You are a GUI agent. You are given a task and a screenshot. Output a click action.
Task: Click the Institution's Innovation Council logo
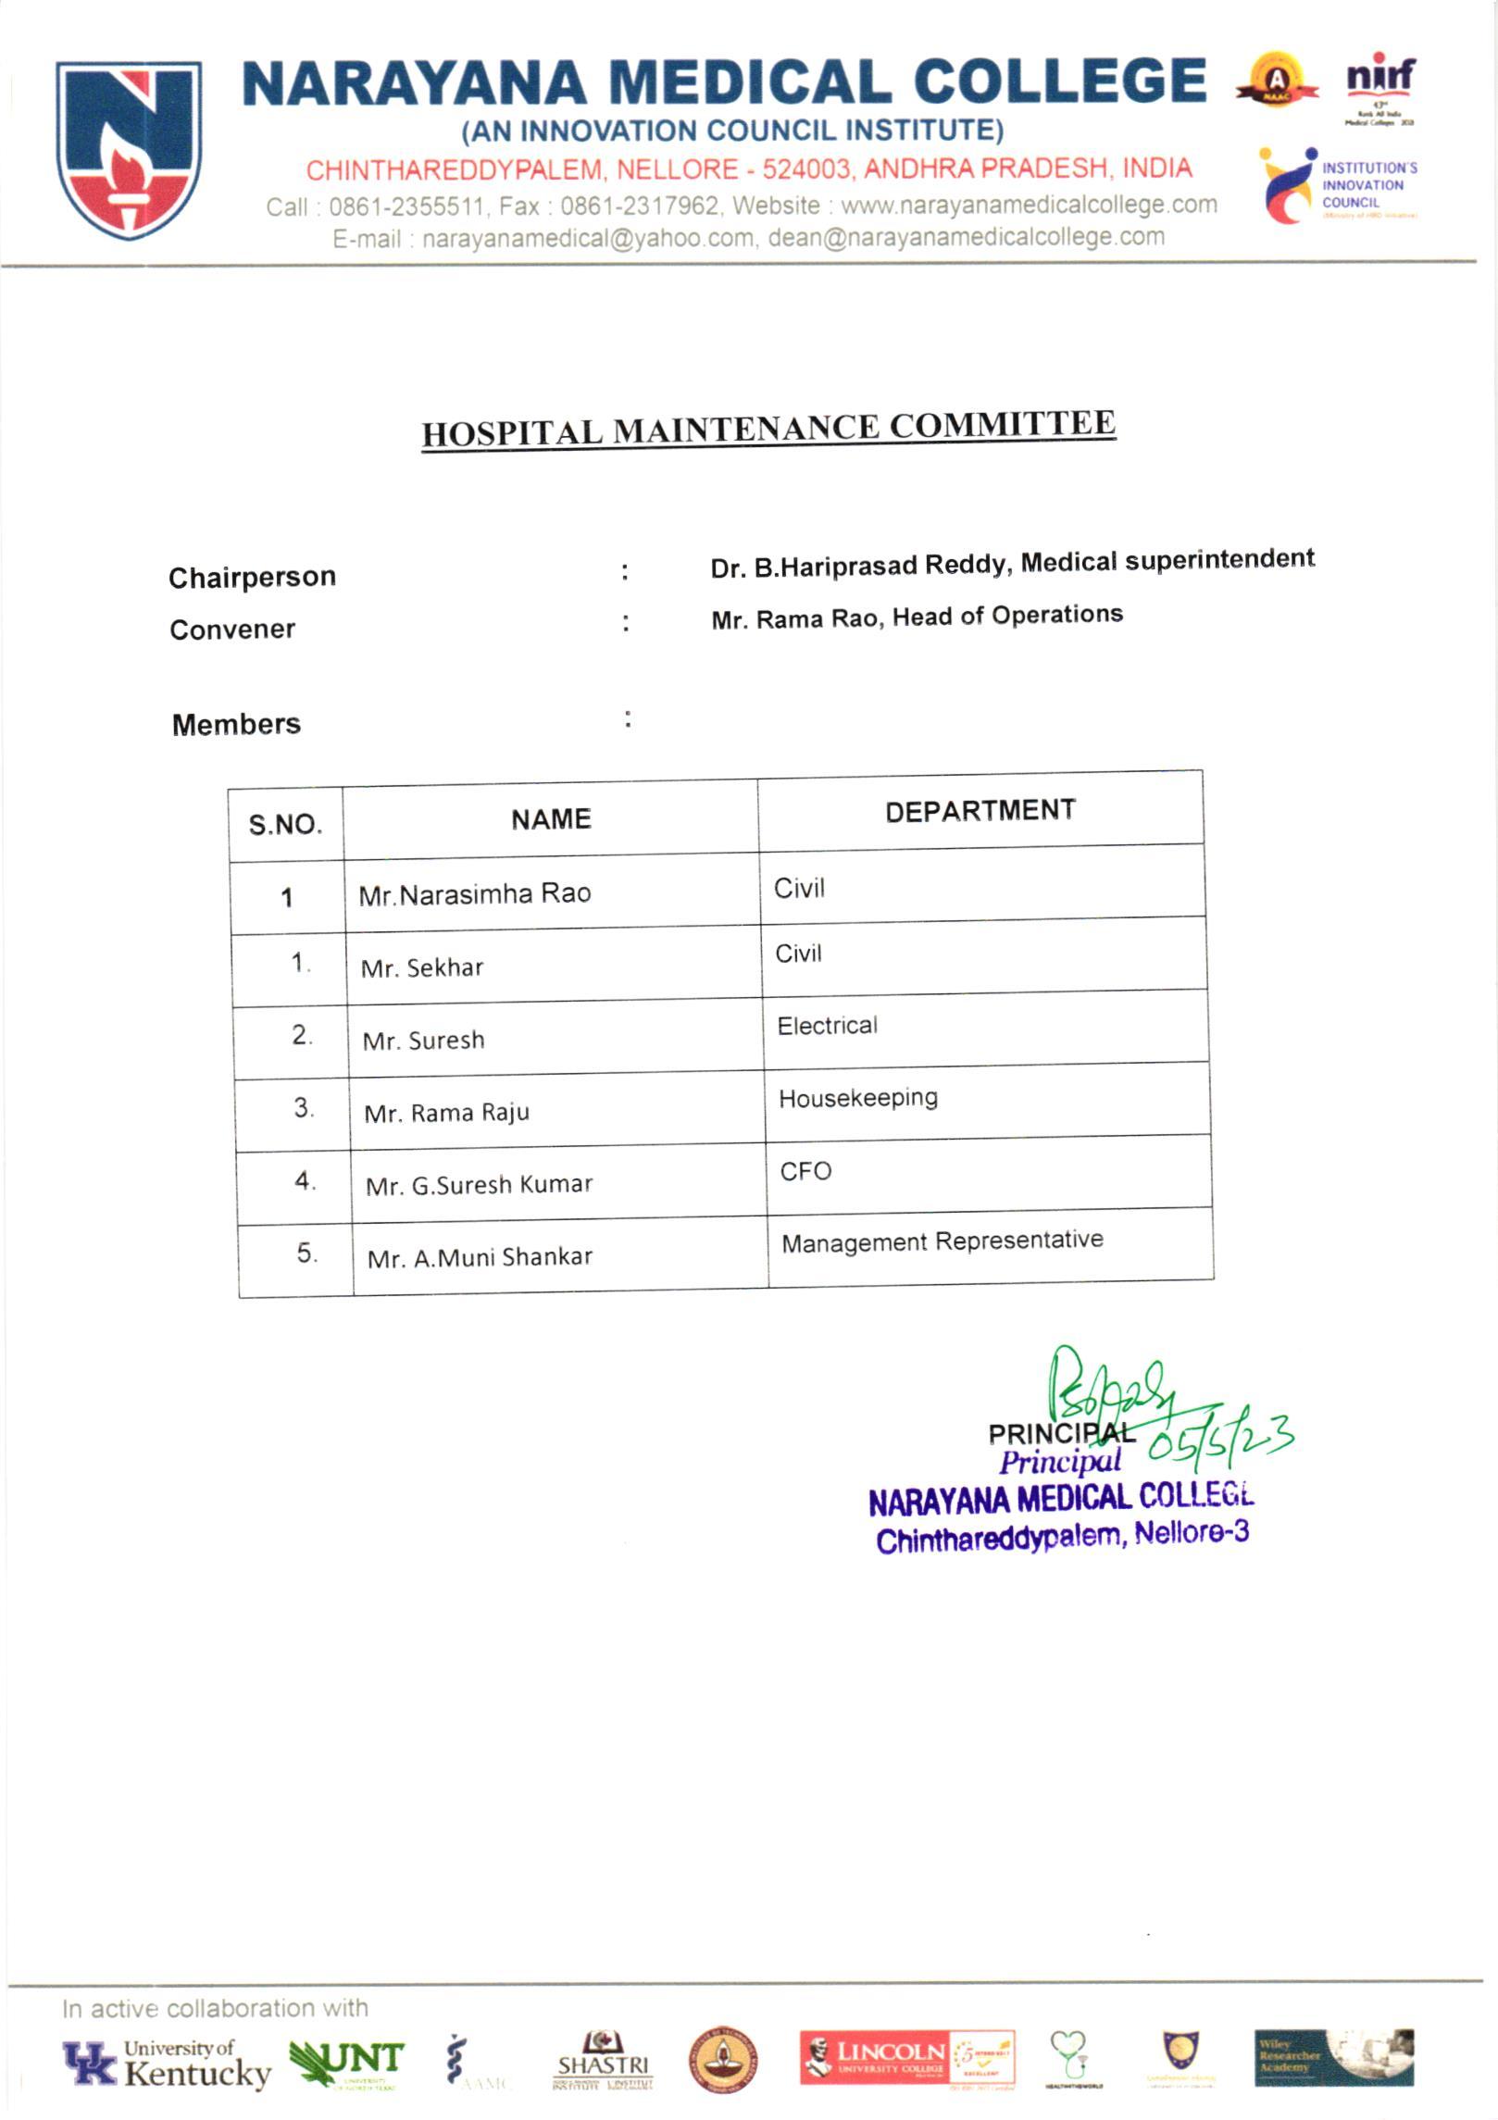click(x=1338, y=185)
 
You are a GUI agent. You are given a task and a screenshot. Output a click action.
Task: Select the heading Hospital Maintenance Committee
click(x=768, y=428)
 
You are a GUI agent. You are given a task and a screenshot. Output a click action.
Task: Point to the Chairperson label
click(x=252, y=577)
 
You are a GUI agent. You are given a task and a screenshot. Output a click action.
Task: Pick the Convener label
click(x=232, y=630)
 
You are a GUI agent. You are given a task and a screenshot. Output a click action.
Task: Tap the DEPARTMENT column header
click(x=980, y=810)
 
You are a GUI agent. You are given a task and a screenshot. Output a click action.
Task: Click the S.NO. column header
click(x=285, y=824)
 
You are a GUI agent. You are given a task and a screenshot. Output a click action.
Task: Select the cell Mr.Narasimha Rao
click(x=474, y=894)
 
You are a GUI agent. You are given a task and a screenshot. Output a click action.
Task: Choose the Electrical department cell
click(x=827, y=1026)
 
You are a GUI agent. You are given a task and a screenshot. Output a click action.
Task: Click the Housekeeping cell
click(x=857, y=1098)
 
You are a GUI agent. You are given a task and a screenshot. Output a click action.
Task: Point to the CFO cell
click(x=805, y=1171)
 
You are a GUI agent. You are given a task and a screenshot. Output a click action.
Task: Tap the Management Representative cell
click(x=942, y=1241)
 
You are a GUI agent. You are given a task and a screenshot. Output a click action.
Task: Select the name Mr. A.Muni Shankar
click(x=480, y=1257)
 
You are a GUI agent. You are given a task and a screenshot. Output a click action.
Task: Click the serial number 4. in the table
click(x=305, y=1180)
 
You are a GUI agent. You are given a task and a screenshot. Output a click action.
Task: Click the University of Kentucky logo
click(x=167, y=2064)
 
